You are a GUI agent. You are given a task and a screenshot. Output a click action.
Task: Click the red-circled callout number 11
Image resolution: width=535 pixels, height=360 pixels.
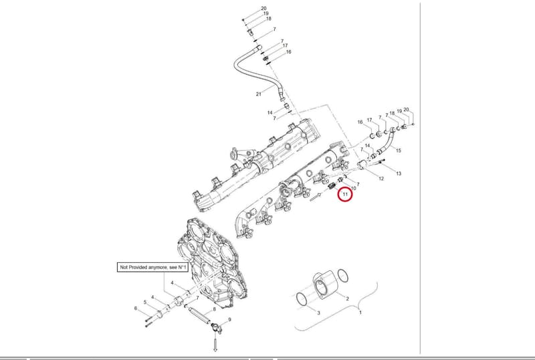(x=345, y=194)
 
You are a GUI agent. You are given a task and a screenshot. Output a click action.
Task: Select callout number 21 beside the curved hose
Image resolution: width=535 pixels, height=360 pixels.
(x=258, y=94)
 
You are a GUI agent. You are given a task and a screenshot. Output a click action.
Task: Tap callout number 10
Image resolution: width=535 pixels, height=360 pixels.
(x=353, y=188)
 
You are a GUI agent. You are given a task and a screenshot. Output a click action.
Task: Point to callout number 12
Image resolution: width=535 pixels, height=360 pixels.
(x=381, y=179)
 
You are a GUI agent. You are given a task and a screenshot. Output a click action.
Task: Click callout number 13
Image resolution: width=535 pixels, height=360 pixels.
(x=399, y=173)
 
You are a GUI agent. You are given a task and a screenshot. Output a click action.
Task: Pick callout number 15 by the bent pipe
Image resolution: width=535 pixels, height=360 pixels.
(x=398, y=151)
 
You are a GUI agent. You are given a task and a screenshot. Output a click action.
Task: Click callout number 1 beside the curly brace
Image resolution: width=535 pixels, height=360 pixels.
(x=360, y=312)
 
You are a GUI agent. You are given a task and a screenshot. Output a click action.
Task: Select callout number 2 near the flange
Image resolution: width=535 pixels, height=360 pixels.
(x=347, y=298)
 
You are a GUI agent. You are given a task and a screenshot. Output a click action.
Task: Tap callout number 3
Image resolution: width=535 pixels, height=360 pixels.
(x=319, y=312)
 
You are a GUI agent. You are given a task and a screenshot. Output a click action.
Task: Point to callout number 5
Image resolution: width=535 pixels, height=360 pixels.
(x=144, y=302)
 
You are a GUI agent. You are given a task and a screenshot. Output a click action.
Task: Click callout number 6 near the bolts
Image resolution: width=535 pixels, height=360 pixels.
(x=136, y=308)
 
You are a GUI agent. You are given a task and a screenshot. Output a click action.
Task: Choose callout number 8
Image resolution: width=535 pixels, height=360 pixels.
(x=214, y=309)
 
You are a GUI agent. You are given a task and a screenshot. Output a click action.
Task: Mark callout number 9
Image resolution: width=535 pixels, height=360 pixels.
(x=229, y=320)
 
